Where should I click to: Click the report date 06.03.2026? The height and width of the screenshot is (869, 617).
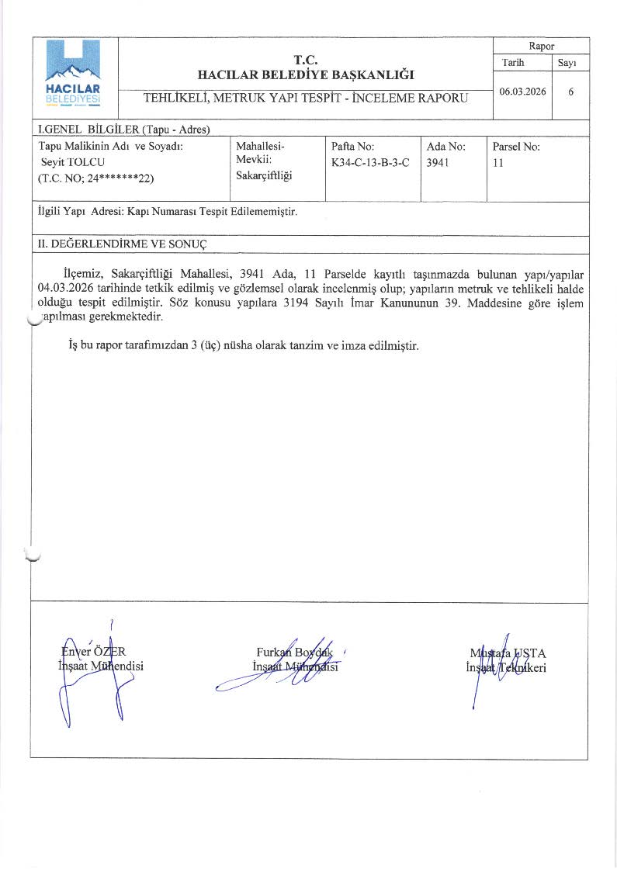click(522, 92)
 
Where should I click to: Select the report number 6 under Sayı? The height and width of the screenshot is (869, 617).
click(570, 92)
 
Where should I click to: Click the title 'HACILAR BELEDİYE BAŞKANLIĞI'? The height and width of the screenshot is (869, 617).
click(306, 75)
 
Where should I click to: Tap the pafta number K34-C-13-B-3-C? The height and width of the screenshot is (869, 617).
click(369, 162)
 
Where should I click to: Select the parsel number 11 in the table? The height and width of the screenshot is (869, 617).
click(498, 162)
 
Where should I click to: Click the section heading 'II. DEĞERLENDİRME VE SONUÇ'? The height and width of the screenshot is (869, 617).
click(123, 244)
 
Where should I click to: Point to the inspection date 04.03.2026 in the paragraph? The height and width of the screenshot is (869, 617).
click(64, 287)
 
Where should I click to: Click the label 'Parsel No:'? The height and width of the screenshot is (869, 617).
click(516, 145)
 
